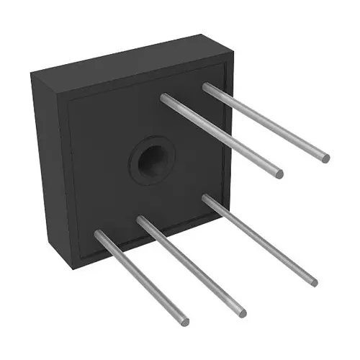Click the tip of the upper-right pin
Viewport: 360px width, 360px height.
(x=325, y=158)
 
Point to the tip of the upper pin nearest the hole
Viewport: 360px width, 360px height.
(x=279, y=174)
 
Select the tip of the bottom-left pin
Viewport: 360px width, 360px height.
(x=185, y=321)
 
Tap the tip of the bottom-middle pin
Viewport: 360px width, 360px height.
(x=243, y=313)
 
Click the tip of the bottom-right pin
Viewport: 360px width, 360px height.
(x=313, y=282)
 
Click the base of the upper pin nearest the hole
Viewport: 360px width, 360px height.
(x=165, y=98)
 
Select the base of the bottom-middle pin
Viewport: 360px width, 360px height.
(x=141, y=220)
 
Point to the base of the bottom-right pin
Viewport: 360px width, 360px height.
(x=207, y=198)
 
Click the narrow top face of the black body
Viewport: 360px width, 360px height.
(x=130, y=58)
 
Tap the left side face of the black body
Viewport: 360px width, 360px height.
(x=50, y=166)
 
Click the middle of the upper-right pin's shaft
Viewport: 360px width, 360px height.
(x=266, y=122)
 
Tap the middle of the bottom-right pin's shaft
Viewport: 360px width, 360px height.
(x=260, y=240)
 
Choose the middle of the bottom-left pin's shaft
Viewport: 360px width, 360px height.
(x=142, y=277)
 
